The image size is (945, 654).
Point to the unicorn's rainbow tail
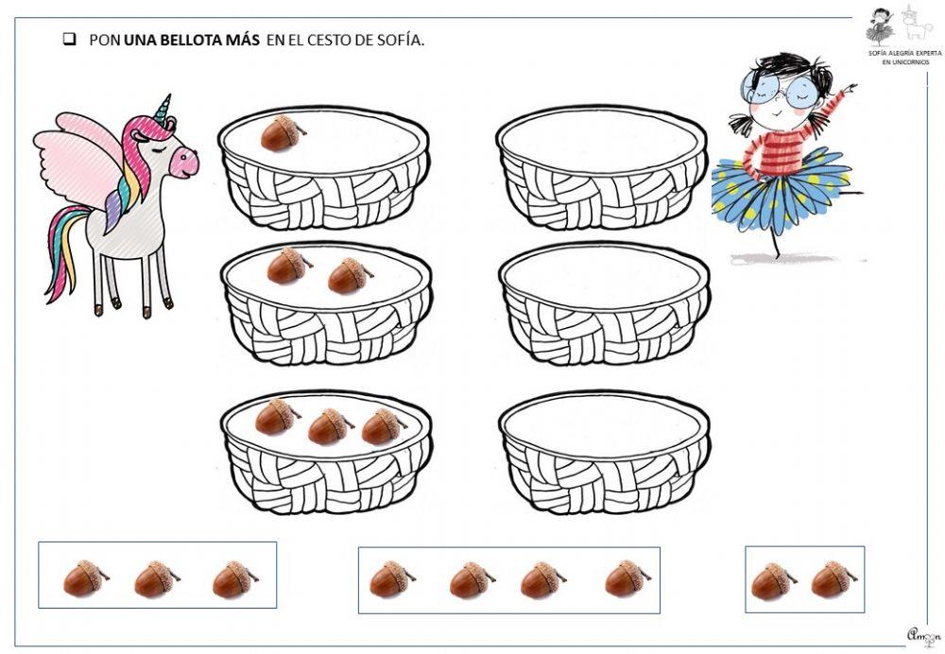tap(64, 255)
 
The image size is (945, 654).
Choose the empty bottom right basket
tap(604, 451)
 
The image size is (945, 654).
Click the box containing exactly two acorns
tap(804, 578)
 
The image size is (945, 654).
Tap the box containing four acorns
tap(508, 579)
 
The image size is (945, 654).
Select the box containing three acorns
tap(157, 575)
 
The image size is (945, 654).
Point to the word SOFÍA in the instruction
tap(401, 41)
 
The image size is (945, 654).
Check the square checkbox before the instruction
tap(69, 40)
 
